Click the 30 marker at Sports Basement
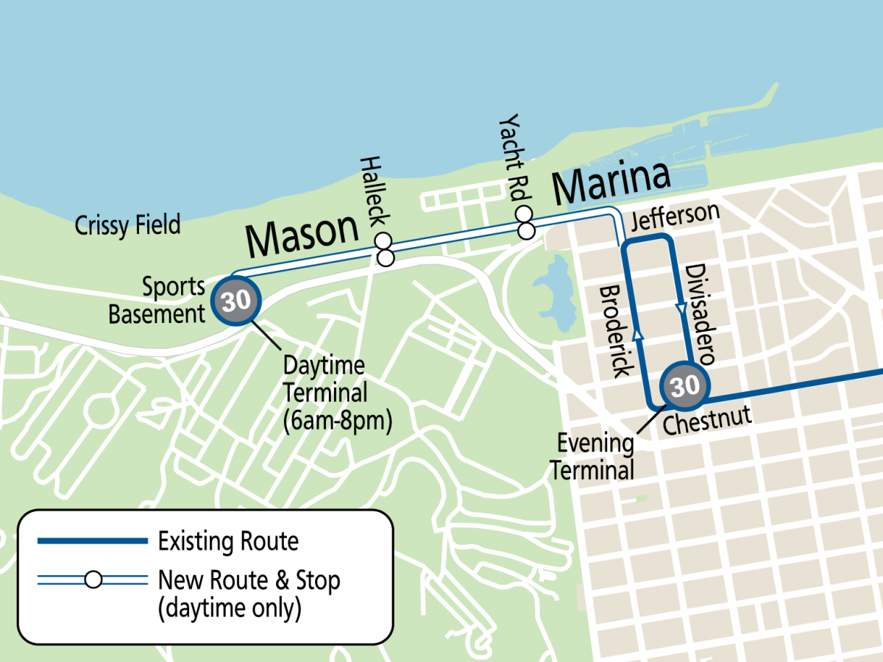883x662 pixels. point(236,301)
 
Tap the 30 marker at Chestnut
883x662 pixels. point(684,385)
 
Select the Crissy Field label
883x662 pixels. point(127,226)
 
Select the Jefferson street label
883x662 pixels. point(674,217)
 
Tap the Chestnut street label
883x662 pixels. point(707,421)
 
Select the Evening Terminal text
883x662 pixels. point(593,456)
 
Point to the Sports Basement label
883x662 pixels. point(156,300)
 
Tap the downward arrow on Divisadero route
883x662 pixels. point(678,304)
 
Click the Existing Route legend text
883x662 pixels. point(228,542)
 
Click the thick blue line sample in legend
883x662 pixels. point(93,541)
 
